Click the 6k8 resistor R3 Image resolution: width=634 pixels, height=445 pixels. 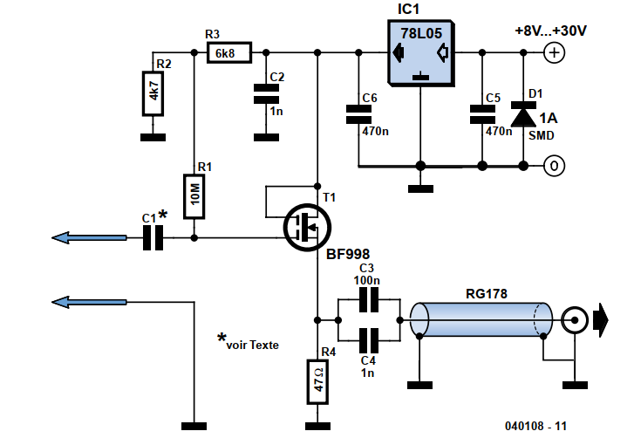[x=229, y=52]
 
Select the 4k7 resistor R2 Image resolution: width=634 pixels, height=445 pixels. [x=153, y=94]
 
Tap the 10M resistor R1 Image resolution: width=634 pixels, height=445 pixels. [x=194, y=196]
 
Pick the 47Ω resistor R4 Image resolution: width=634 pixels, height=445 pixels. [x=317, y=381]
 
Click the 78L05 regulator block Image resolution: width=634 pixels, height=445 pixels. [x=420, y=53]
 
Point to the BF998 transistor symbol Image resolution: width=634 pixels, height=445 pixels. [x=307, y=227]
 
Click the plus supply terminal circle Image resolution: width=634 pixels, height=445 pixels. [x=554, y=52]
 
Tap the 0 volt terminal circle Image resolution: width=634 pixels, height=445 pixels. [x=554, y=166]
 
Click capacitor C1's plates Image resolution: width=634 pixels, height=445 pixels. [x=153, y=238]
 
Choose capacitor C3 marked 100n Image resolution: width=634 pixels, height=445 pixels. [x=369, y=300]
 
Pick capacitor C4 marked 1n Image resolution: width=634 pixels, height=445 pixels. [x=369, y=340]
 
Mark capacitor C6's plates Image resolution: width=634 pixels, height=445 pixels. [x=358, y=114]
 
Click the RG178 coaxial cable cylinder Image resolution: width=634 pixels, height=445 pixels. [x=481, y=319]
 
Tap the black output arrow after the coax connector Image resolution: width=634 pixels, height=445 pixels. [x=601, y=319]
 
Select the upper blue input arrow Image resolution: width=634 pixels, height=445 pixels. [x=89, y=238]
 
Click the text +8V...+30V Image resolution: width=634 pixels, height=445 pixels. [x=550, y=31]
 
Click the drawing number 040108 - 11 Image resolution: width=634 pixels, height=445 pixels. [x=535, y=426]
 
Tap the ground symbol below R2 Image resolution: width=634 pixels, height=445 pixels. [x=153, y=138]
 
